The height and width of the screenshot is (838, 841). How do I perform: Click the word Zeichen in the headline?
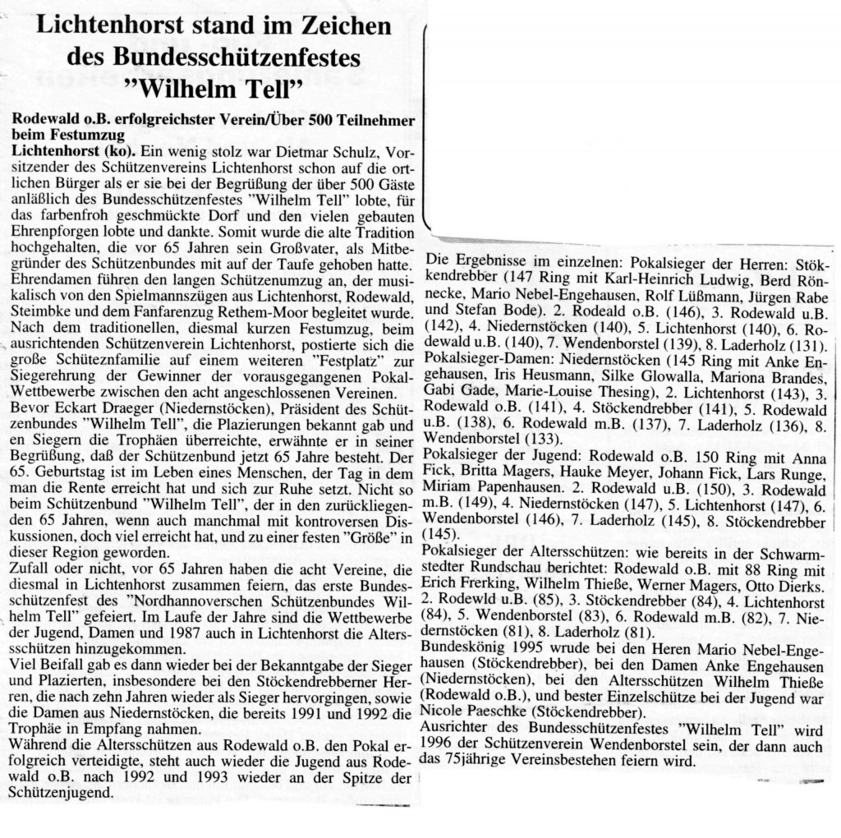click(338, 27)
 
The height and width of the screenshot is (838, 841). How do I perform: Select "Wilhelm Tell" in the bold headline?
click(214, 86)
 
